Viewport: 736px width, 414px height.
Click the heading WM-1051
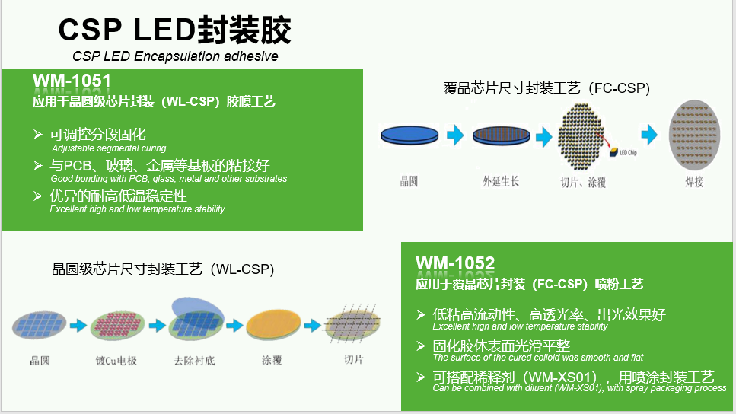(x=72, y=81)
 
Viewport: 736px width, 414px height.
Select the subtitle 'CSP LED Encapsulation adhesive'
(x=175, y=56)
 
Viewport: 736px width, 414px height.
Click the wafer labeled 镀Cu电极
(x=116, y=326)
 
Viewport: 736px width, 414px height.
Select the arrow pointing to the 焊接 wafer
(x=649, y=135)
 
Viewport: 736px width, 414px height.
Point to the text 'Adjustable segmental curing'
(x=109, y=148)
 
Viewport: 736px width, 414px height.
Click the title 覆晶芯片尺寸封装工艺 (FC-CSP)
(x=546, y=88)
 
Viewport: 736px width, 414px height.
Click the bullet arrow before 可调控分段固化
(x=38, y=134)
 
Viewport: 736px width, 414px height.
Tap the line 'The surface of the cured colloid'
(x=538, y=358)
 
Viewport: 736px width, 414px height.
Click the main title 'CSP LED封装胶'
(x=175, y=30)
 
